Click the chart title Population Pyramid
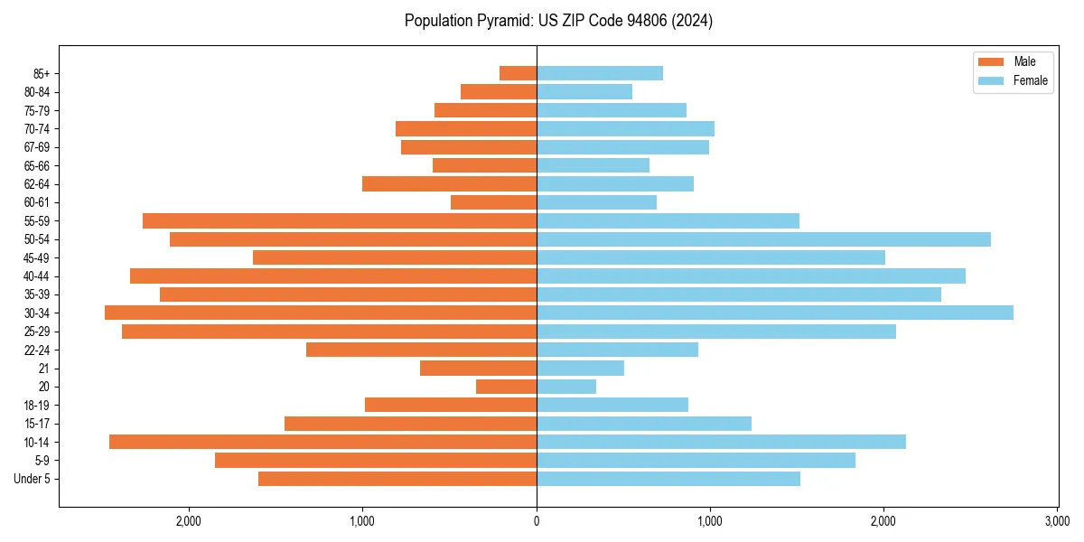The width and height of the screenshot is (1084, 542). (x=558, y=21)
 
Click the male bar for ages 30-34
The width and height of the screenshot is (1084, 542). (x=321, y=313)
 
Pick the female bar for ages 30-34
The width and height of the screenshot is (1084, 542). (x=775, y=313)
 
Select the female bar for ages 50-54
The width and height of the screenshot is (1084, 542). (x=763, y=239)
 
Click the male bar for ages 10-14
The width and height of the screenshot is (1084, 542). (x=322, y=442)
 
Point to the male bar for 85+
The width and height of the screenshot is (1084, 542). (x=518, y=73)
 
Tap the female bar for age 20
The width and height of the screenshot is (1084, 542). (x=566, y=387)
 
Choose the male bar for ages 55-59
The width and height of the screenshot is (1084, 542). (x=340, y=220)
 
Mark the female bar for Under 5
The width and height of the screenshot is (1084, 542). (x=668, y=479)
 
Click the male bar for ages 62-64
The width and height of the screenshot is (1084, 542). (x=449, y=183)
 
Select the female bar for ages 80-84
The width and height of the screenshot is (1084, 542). (x=584, y=91)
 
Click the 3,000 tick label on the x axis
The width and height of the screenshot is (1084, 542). (x=1057, y=521)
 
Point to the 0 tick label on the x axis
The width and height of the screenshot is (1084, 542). (x=537, y=521)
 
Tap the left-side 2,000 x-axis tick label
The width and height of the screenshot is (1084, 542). (x=189, y=521)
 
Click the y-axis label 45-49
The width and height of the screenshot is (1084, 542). (x=36, y=257)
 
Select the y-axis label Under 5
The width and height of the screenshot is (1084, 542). (x=33, y=479)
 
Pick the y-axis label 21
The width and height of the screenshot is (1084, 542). (x=44, y=369)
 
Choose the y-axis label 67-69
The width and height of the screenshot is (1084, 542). (x=36, y=147)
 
